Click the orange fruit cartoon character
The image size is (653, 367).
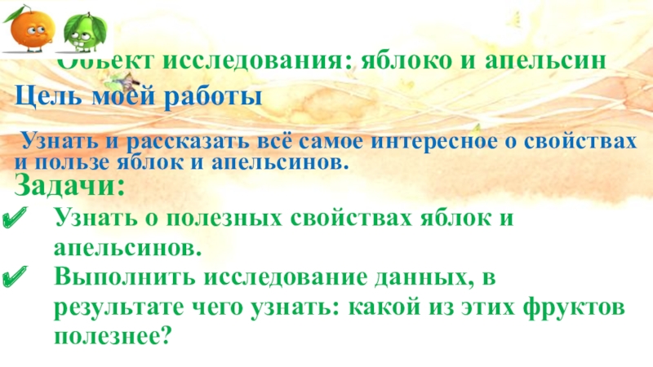[x=32, y=27]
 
